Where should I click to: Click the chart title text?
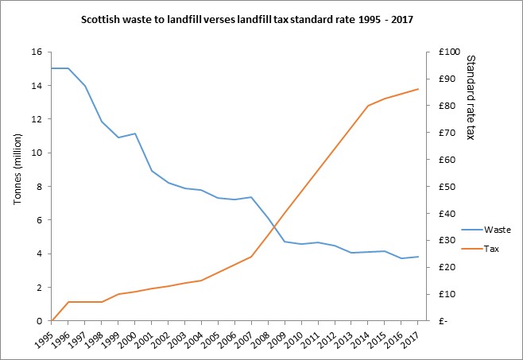point(262,17)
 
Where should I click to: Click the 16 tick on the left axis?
point(36,52)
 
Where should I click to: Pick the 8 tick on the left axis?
point(38,187)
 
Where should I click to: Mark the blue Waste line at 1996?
point(68,68)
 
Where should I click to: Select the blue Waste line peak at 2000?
point(135,134)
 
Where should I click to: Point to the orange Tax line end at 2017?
point(418,89)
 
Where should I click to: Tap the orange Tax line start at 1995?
point(52,321)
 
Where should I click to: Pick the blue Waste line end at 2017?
point(418,257)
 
